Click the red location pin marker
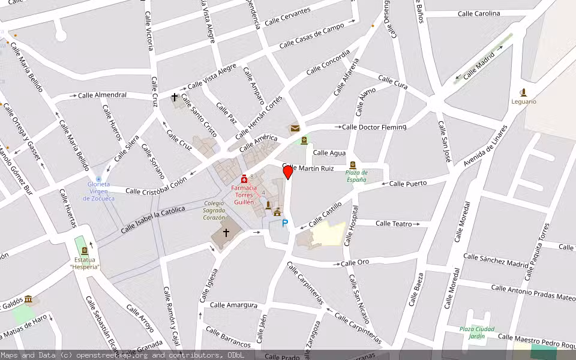pyautogui.click(x=288, y=172)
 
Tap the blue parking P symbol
pyautogui.click(x=285, y=223)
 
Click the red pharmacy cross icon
pyautogui.click(x=244, y=179)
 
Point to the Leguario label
pyautogui.click(x=524, y=101)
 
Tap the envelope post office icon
pyautogui.click(x=295, y=128)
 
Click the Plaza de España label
pyautogui.click(x=356, y=176)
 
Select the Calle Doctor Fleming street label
pyautogui.click(x=374, y=127)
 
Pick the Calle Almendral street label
pyautogui.click(x=103, y=95)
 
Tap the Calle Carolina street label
pyautogui.click(x=479, y=13)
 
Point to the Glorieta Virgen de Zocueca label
pyautogui.click(x=98, y=191)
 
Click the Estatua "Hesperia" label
pyautogui.click(x=85, y=263)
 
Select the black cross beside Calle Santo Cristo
pyautogui.click(x=175, y=97)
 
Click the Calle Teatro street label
pyautogui.click(x=394, y=223)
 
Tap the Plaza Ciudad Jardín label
pyautogui.click(x=476, y=332)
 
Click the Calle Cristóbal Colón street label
pyautogui.click(x=157, y=190)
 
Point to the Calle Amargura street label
pyautogui.click(x=234, y=305)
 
